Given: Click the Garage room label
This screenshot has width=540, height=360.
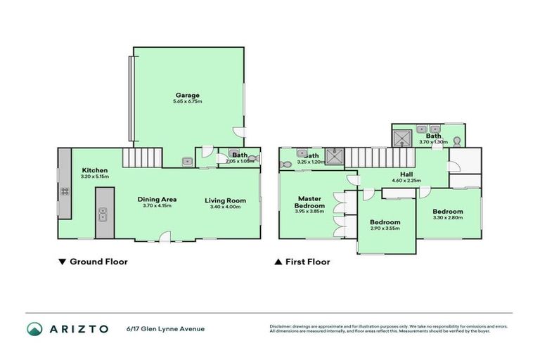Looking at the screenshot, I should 187,95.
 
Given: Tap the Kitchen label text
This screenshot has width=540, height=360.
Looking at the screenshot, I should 94,170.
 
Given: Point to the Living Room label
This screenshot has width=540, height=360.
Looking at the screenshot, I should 225,200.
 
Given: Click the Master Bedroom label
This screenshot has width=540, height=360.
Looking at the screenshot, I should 309,202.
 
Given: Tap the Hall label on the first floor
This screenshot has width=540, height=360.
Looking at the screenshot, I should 406,174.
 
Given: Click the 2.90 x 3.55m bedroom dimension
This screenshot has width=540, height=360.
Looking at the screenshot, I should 385,228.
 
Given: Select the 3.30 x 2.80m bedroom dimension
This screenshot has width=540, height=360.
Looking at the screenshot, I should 447,219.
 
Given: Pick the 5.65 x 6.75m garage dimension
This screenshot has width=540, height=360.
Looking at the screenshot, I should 187,102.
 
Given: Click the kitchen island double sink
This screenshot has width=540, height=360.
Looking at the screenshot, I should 103,213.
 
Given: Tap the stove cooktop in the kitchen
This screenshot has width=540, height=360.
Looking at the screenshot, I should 64,191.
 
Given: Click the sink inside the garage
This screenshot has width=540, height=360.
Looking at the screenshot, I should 186,162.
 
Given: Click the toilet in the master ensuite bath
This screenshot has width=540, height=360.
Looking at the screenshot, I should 285,165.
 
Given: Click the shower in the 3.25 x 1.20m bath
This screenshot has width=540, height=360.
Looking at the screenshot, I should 335,156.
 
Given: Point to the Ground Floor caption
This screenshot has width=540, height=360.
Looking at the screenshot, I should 93,262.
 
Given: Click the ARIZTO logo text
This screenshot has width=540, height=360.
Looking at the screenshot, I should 77,329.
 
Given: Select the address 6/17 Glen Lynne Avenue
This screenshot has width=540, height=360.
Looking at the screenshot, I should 165,328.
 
